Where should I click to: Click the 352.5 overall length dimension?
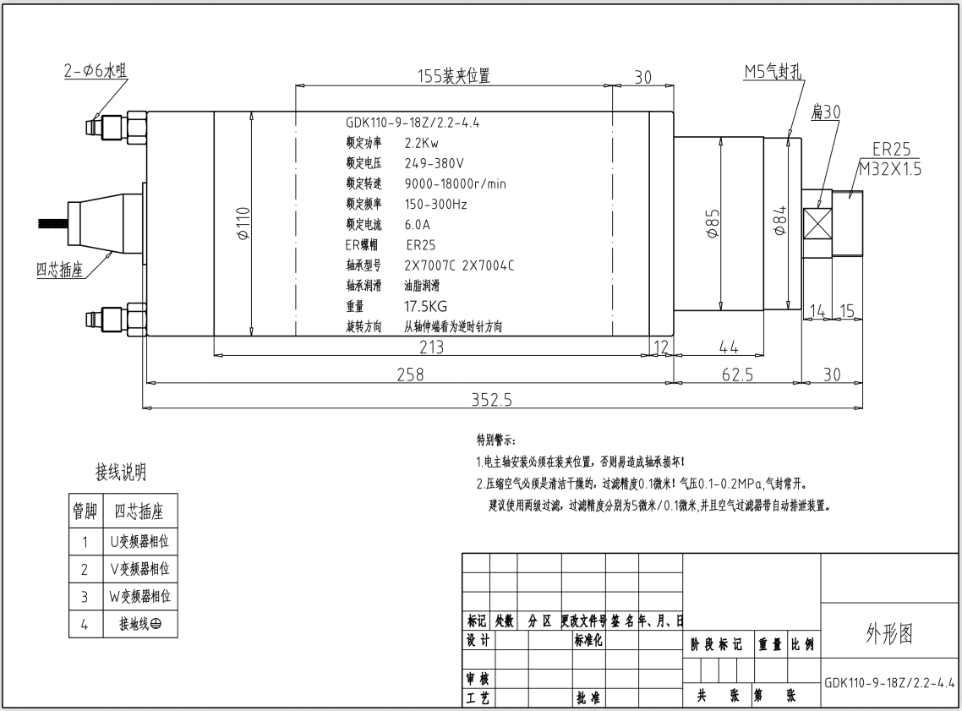click(x=491, y=400)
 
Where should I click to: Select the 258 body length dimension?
click(x=410, y=375)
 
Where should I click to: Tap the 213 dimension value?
click(x=431, y=347)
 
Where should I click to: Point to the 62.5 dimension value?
click(x=737, y=375)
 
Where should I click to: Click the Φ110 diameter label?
click(x=243, y=223)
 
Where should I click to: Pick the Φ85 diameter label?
click(x=713, y=223)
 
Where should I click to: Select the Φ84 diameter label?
click(x=779, y=221)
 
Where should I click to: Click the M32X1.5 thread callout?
click(x=889, y=169)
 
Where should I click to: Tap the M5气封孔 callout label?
click(x=773, y=72)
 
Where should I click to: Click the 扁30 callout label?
click(x=826, y=112)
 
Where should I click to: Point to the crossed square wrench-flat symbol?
click(x=817, y=223)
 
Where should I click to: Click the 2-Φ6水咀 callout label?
click(x=96, y=70)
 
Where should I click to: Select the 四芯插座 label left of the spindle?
click(x=59, y=270)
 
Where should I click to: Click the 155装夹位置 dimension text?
click(x=454, y=76)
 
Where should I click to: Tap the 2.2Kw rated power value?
click(x=422, y=143)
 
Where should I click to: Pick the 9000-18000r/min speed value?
click(x=456, y=183)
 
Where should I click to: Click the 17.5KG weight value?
click(x=425, y=306)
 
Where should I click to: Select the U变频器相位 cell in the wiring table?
click(x=139, y=542)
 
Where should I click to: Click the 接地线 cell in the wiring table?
click(x=140, y=624)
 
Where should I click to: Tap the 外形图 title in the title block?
click(x=889, y=634)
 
